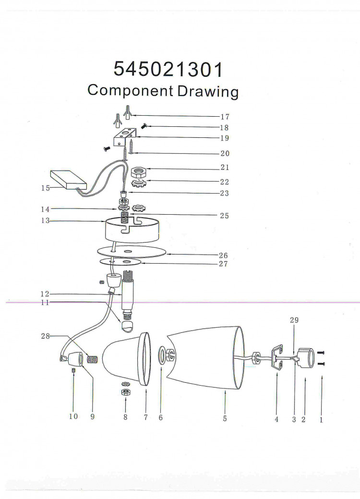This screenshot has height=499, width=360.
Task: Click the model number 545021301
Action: coord(168,69)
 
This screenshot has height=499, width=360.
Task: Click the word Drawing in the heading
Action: coord(208,92)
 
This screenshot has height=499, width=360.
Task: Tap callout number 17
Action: coord(225,117)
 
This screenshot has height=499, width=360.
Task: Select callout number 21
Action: coord(225,168)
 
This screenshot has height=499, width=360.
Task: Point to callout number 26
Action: coord(223,255)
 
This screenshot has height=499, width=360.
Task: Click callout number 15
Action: coord(46,188)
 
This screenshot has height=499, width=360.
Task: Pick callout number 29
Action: coord(294,320)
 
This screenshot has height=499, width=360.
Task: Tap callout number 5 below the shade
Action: coord(225,418)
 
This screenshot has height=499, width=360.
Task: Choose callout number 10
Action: coord(73,416)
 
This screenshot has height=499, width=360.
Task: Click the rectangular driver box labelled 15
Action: coord(69,180)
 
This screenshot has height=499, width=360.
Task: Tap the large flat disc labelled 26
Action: coord(132,251)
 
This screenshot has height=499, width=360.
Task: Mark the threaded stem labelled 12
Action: coord(127,294)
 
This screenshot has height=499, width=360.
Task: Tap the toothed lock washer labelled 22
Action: coord(138,183)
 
